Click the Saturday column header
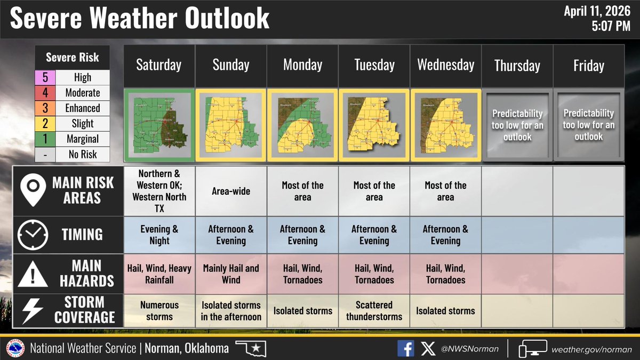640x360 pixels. click(x=159, y=66)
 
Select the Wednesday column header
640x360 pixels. click(x=445, y=66)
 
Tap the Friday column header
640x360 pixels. click(x=588, y=66)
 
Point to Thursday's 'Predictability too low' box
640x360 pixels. click(x=517, y=125)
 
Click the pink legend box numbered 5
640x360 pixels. click(x=45, y=77)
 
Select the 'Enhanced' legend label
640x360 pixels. click(x=83, y=108)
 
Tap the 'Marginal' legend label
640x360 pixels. click(x=83, y=139)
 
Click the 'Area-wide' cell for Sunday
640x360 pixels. click(x=231, y=191)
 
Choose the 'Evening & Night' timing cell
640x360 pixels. click(x=159, y=235)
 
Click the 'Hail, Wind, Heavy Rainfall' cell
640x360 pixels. click(x=159, y=274)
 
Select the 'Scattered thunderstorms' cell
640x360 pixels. click(x=374, y=310)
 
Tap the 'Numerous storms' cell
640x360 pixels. click(x=159, y=310)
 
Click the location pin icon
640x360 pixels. click(x=32, y=191)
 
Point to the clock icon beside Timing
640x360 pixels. click(x=33, y=235)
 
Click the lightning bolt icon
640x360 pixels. click(x=33, y=310)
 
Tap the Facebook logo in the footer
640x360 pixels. click(x=405, y=349)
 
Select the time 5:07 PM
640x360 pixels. click(x=611, y=25)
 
